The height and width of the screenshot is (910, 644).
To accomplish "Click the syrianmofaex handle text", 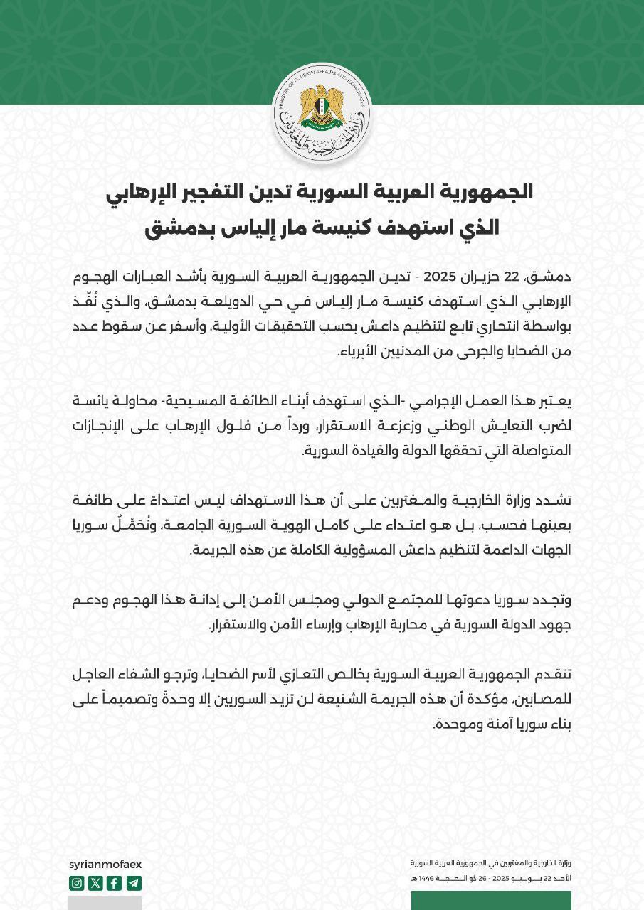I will pyautogui.click(x=105, y=864).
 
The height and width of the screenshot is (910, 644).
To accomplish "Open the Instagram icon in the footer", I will pyautogui.click(x=77, y=883).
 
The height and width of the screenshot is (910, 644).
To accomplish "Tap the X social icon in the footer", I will pyautogui.click(x=95, y=883).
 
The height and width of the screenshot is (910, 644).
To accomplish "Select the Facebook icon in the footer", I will pyautogui.click(x=115, y=883).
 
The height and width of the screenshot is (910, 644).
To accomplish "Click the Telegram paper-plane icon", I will pyautogui.click(x=134, y=883).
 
